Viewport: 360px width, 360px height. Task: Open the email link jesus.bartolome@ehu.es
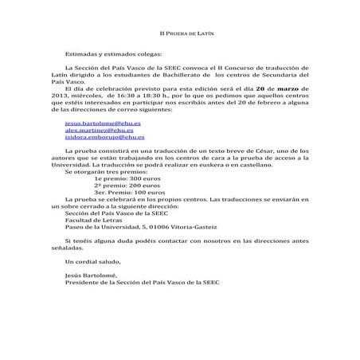(99, 125)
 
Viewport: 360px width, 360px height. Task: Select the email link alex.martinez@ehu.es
(96, 131)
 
